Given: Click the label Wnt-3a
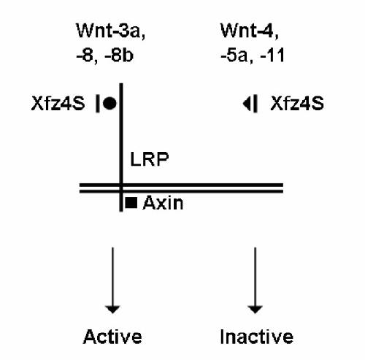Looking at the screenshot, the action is (x=108, y=31).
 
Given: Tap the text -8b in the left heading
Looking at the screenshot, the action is (x=119, y=55).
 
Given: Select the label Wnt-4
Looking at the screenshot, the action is (x=247, y=31).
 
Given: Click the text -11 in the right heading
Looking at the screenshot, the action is (x=272, y=55).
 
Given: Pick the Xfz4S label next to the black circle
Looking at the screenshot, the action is (x=58, y=104).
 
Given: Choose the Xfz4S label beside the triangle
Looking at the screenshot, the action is (x=297, y=104).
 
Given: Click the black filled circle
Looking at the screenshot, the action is (x=109, y=104).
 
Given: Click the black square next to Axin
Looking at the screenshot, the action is (x=131, y=203).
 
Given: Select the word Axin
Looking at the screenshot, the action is (x=163, y=203).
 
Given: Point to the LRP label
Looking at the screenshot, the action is (x=150, y=159).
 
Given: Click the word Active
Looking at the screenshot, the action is (x=112, y=337).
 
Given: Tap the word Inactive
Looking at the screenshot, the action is (x=256, y=337).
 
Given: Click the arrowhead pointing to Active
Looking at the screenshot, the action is (x=112, y=310).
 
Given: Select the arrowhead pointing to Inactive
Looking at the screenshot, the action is (x=255, y=310).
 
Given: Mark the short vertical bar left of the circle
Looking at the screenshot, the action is (x=98, y=104).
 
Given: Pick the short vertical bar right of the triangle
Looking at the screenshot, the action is (x=255, y=104).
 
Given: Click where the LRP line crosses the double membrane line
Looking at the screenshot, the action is (x=121, y=188).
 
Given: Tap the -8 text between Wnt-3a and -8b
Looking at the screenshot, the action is (x=87, y=55).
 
